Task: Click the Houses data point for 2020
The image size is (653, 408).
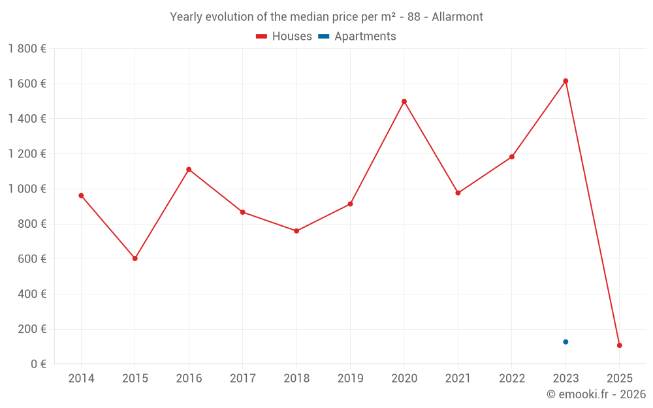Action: coord(404,101)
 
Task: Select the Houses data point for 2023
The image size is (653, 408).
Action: coord(565,81)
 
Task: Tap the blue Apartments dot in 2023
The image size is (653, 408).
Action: coord(565,342)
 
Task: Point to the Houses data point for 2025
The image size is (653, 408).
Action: coord(619,345)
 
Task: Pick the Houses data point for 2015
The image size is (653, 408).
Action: coord(135,259)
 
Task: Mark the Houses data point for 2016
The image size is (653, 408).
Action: coord(189,170)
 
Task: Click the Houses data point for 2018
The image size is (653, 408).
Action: coord(296,231)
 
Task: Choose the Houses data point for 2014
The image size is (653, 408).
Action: coord(81,195)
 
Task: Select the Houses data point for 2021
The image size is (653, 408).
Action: coord(458,193)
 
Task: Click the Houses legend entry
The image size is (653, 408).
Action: coord(284,37)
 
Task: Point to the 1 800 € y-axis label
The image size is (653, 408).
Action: coord(27,49)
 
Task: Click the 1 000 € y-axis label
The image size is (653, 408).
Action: coord(27,189)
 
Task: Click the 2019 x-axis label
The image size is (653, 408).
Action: coord(350,379)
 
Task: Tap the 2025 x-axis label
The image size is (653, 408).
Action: coord(619,379)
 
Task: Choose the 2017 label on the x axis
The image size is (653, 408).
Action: coord(242,379)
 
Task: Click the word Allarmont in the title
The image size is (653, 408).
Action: coord(457,17)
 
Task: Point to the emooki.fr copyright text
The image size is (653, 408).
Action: coord(596,394)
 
